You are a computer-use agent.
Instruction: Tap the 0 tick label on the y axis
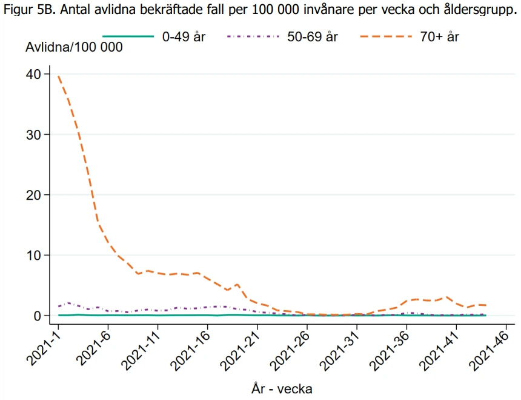(x=37, y=316)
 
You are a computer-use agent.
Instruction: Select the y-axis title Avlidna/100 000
(x=73, y=47)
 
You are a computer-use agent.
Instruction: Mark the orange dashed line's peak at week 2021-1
(x=59, y=76)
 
